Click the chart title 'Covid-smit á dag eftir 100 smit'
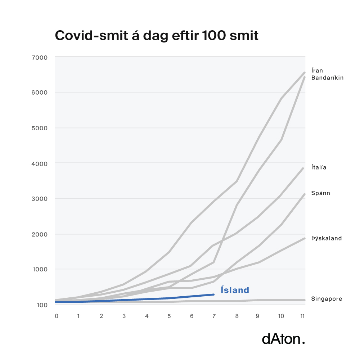156,36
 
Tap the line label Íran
318,71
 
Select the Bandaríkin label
327,78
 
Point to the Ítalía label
319,167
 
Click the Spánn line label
320,193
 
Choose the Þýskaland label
326,238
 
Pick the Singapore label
327,299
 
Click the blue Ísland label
235,290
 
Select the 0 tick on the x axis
57,316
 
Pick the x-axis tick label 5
169,316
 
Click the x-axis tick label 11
303,316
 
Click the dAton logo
283,339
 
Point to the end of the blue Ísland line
214,294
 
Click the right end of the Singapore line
305,300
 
